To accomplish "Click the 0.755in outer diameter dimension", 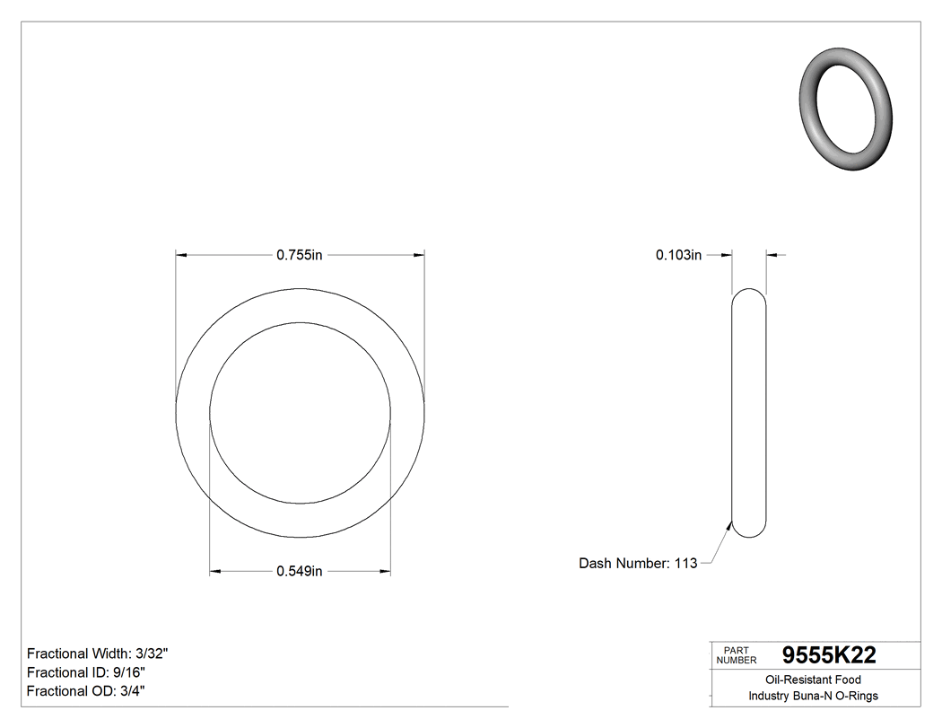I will pos(299,255).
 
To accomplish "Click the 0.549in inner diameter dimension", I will pos(299,571).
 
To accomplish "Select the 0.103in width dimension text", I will pos(678,255).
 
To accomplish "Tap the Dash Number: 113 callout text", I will pos(638,564).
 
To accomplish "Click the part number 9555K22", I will pos(829,655).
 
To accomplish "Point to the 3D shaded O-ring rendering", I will pos(845,111).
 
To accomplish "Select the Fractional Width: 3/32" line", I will pos(98,653).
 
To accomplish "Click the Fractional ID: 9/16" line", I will pos(86,672).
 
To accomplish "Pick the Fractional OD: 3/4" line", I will pos(87,691).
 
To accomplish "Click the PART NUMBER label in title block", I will pos(737,655).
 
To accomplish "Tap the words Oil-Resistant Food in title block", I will pos(813,680).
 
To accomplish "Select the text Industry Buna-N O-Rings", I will pos(813,697).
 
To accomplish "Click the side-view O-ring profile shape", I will pos(749,413).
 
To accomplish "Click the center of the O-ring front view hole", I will pos(300,413).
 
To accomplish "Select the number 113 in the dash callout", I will pos(685,564).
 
